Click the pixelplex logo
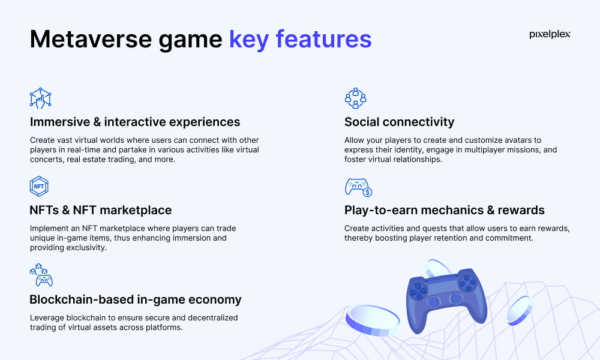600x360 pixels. pos(550,34)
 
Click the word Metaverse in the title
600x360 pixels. pos(91,39)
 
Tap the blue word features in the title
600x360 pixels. pos(323,39)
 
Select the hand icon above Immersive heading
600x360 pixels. pos(40,98)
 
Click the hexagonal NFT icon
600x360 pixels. pos(39,187)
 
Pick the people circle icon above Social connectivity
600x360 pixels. pos(355,98)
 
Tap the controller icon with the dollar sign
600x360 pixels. pos(358,187)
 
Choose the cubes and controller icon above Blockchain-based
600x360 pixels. pos(41,275)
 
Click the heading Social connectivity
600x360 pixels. pos(399,122)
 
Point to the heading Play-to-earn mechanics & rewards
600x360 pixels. pos(444,210)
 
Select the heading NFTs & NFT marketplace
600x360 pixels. pos(101,210)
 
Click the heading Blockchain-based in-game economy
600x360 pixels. pos(136,299)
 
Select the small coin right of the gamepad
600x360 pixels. pos(520,310)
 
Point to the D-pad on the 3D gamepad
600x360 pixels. pos(418,290)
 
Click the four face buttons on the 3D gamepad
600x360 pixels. pos(467,282)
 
